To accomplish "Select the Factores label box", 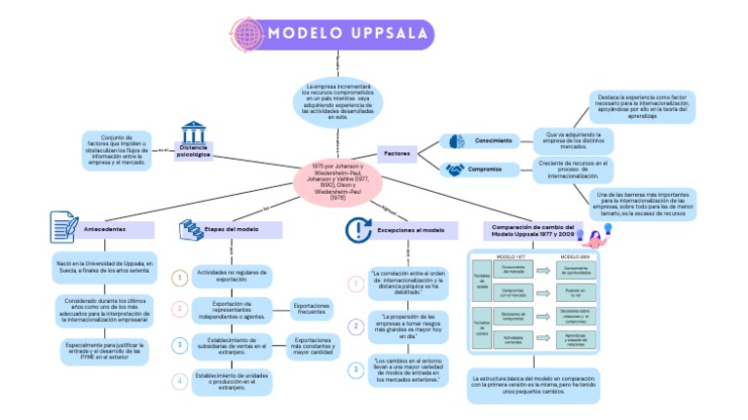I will click(x=396, y=153).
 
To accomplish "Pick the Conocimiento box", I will click(x=494, y=140).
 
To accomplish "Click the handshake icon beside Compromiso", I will click(x=455, y=169).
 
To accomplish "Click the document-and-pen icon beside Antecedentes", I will click(x=61, y=228).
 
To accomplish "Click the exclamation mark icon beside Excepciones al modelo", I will click(x=358, y=229).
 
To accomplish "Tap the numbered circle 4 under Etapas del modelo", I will click(x=179, y=381).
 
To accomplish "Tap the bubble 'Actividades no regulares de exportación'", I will click(x=232, y=277).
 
